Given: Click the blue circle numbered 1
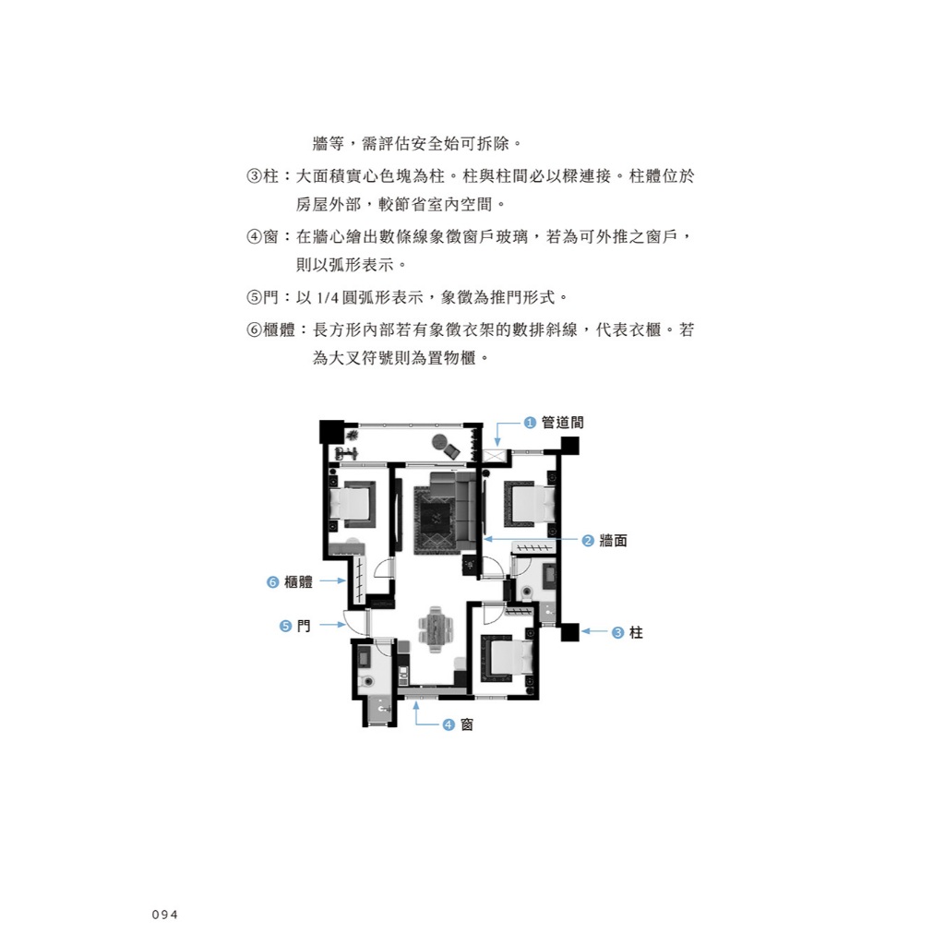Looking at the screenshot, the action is [x=530, y=423].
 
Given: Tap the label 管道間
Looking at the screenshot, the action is [x=563, y=423].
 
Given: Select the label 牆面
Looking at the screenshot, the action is [x=614, y=541].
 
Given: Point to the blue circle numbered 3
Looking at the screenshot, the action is [x=617, y=632].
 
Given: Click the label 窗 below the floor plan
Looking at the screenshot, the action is [x=467, y=724].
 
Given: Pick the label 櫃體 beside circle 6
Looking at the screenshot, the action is [x=298, y=581].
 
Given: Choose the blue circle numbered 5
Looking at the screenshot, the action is [x=286, y=627].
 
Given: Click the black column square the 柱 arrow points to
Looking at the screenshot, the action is [x=569, y=632].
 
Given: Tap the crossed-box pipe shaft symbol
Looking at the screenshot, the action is [x=494, y=456].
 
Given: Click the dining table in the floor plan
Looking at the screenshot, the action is [x=436, y=629].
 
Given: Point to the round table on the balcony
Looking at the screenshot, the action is [x=439, y=443].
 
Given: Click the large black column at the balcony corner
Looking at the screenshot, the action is [x=331, y=432].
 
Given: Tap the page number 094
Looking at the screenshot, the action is [x=165, y=915].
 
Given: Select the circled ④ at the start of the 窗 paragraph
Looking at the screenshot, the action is [x=254, y=237].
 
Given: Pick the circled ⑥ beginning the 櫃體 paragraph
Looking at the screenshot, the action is [x=254, y=329].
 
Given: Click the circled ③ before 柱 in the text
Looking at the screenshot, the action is [x=254, y=176].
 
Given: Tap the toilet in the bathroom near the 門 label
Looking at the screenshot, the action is [x=365, y=682].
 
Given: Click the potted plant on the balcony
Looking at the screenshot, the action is [x=352, y=435].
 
